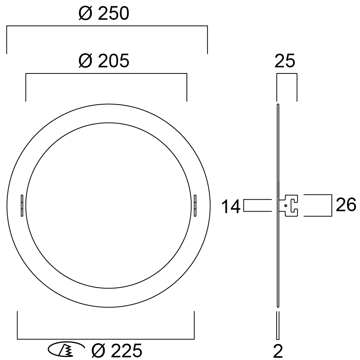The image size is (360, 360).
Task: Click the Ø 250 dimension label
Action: tap(104, 13)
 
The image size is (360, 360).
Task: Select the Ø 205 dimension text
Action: tap(104, 61)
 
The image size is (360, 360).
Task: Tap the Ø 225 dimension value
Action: tap(116, 350)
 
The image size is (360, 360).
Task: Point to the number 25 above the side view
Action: tap(285, 61)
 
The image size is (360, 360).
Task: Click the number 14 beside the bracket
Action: tap(231, 207)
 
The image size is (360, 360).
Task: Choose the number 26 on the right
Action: tap(346, 205)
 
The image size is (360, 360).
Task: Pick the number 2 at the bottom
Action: tap(278, 351)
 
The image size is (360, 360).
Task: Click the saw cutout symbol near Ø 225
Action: tap(66, 349)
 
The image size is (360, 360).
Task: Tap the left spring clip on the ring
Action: tap(22, 205)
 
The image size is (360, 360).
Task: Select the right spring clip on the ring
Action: tap(195, 205)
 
